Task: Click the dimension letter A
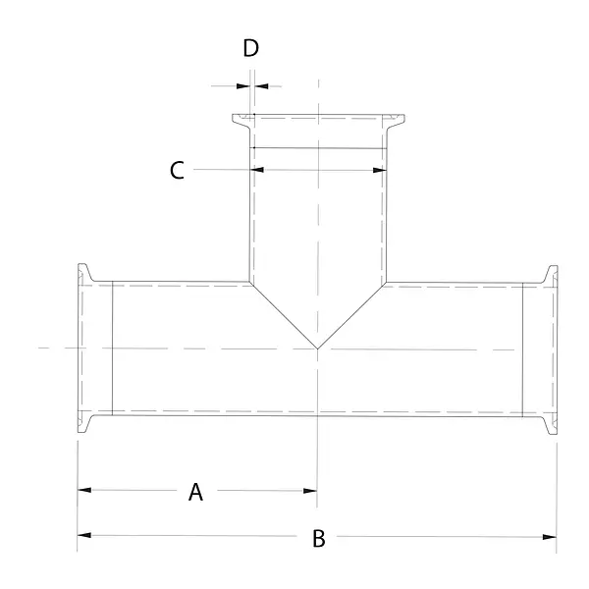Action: [x=195, y=492]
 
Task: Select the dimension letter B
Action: [x=319, y=538]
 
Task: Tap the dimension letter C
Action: [x=177, y=170]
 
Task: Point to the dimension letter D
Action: [x=250, y=48]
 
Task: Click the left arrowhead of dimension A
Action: [x=84, y=490]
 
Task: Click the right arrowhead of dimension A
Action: [x=310, y=491]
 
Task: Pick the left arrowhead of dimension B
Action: [x=84, y=535]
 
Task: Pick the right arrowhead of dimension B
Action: [x=550, y=537]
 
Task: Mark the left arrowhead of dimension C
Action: [x=257, y=170]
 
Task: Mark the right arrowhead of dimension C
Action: [x=380, y=170]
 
